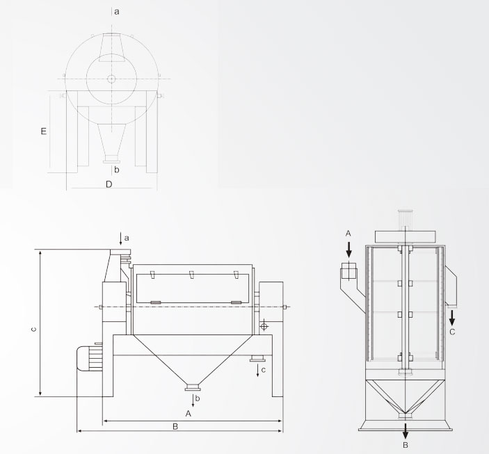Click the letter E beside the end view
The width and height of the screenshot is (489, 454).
pyautogui.click(x=44, y=131)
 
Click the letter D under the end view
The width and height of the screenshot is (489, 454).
pyautogui.click(x=109, y=184)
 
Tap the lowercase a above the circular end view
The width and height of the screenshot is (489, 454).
pyautogui.click(x=117, y=12)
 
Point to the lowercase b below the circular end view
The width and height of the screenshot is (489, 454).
pyautogui.click(x=117, y=170)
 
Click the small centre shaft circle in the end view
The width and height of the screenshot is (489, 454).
pyautogui.click(x=111, y=79)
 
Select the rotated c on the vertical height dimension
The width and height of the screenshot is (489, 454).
pyautogui.click(x=34, y=330)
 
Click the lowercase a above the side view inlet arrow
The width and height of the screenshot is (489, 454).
pyautogui.click(x=127, y=238)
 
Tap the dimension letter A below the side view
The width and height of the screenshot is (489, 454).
pyautogui.click(x=188, y=414)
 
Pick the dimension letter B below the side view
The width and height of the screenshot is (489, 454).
pyautogui.click(x=175, y=426)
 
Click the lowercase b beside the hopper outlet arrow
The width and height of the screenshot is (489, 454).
pyautogui.click(x=198, y=398)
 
